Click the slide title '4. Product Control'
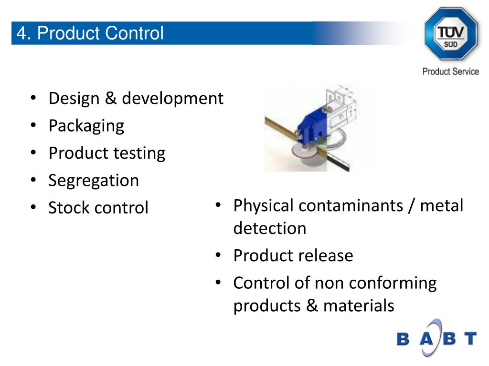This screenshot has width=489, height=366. pos(90,33)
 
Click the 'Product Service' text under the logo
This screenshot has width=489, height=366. pos(450,71)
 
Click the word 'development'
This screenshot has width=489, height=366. pos(172,99)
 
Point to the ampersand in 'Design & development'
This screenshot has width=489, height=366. pos(110,99)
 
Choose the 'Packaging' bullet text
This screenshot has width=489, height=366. pos(86,126)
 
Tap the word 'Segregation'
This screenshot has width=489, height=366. pos(94,181)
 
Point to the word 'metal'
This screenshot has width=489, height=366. pos(442,206)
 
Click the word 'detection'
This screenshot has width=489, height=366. pos(269,228)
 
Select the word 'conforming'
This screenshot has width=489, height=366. pos(393,283)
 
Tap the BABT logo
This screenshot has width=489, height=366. pos(436,338)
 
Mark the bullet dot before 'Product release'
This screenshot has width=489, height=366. pos(218,256)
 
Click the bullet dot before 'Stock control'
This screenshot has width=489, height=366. pos(33,208)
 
